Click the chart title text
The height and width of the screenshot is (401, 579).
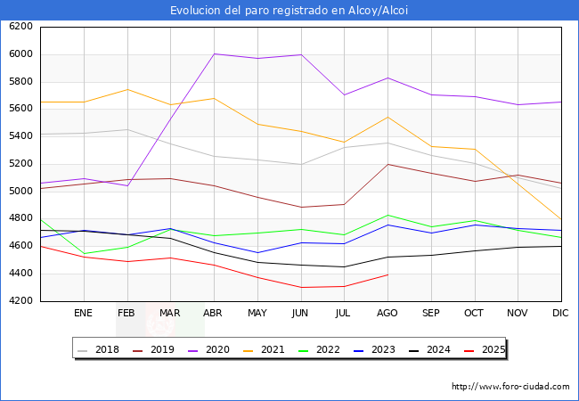pos(289,11)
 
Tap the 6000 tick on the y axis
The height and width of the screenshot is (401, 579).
pos(20,54)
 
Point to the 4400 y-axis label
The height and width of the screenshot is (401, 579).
pos(20,274)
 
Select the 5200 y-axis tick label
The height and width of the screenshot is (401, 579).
pos(20,164)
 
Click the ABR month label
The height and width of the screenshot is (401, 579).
pos(213,313)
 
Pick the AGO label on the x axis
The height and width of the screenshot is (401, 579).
pos(387,313)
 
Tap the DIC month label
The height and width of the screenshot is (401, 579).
pos(560,313)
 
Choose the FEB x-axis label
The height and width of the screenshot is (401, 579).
pos(126,313)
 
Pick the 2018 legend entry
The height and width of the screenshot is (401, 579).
pos(107,349)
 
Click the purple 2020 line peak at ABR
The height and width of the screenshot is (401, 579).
pos(214,54)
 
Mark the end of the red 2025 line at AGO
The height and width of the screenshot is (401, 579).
pos(387,274)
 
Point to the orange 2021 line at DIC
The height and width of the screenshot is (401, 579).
pos(560,218)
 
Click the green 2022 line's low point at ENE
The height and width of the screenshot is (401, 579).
pos(84,253)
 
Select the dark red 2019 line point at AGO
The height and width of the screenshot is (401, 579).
pos(387,164)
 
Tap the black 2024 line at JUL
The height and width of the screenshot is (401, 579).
pos(344,266)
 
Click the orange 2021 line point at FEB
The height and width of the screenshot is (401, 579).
pos(126,89)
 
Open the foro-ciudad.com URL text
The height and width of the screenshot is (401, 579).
pos(510,387)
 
